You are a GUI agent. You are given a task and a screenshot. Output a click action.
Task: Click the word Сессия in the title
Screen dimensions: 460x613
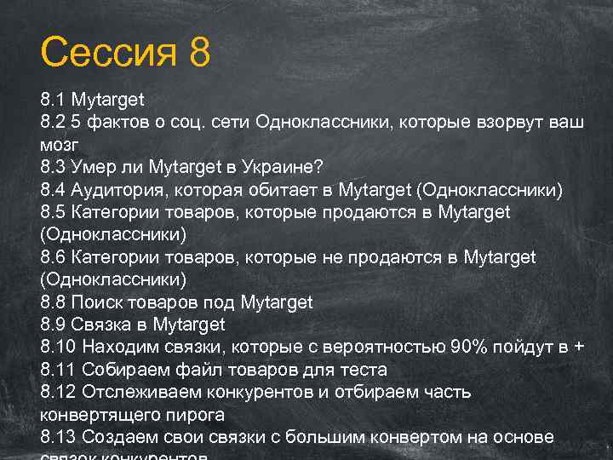coord(109,52)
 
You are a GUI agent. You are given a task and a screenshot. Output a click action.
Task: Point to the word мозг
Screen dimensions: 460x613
coord(60,145)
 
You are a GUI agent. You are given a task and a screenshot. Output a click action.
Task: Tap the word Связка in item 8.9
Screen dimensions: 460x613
coord(103,325)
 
